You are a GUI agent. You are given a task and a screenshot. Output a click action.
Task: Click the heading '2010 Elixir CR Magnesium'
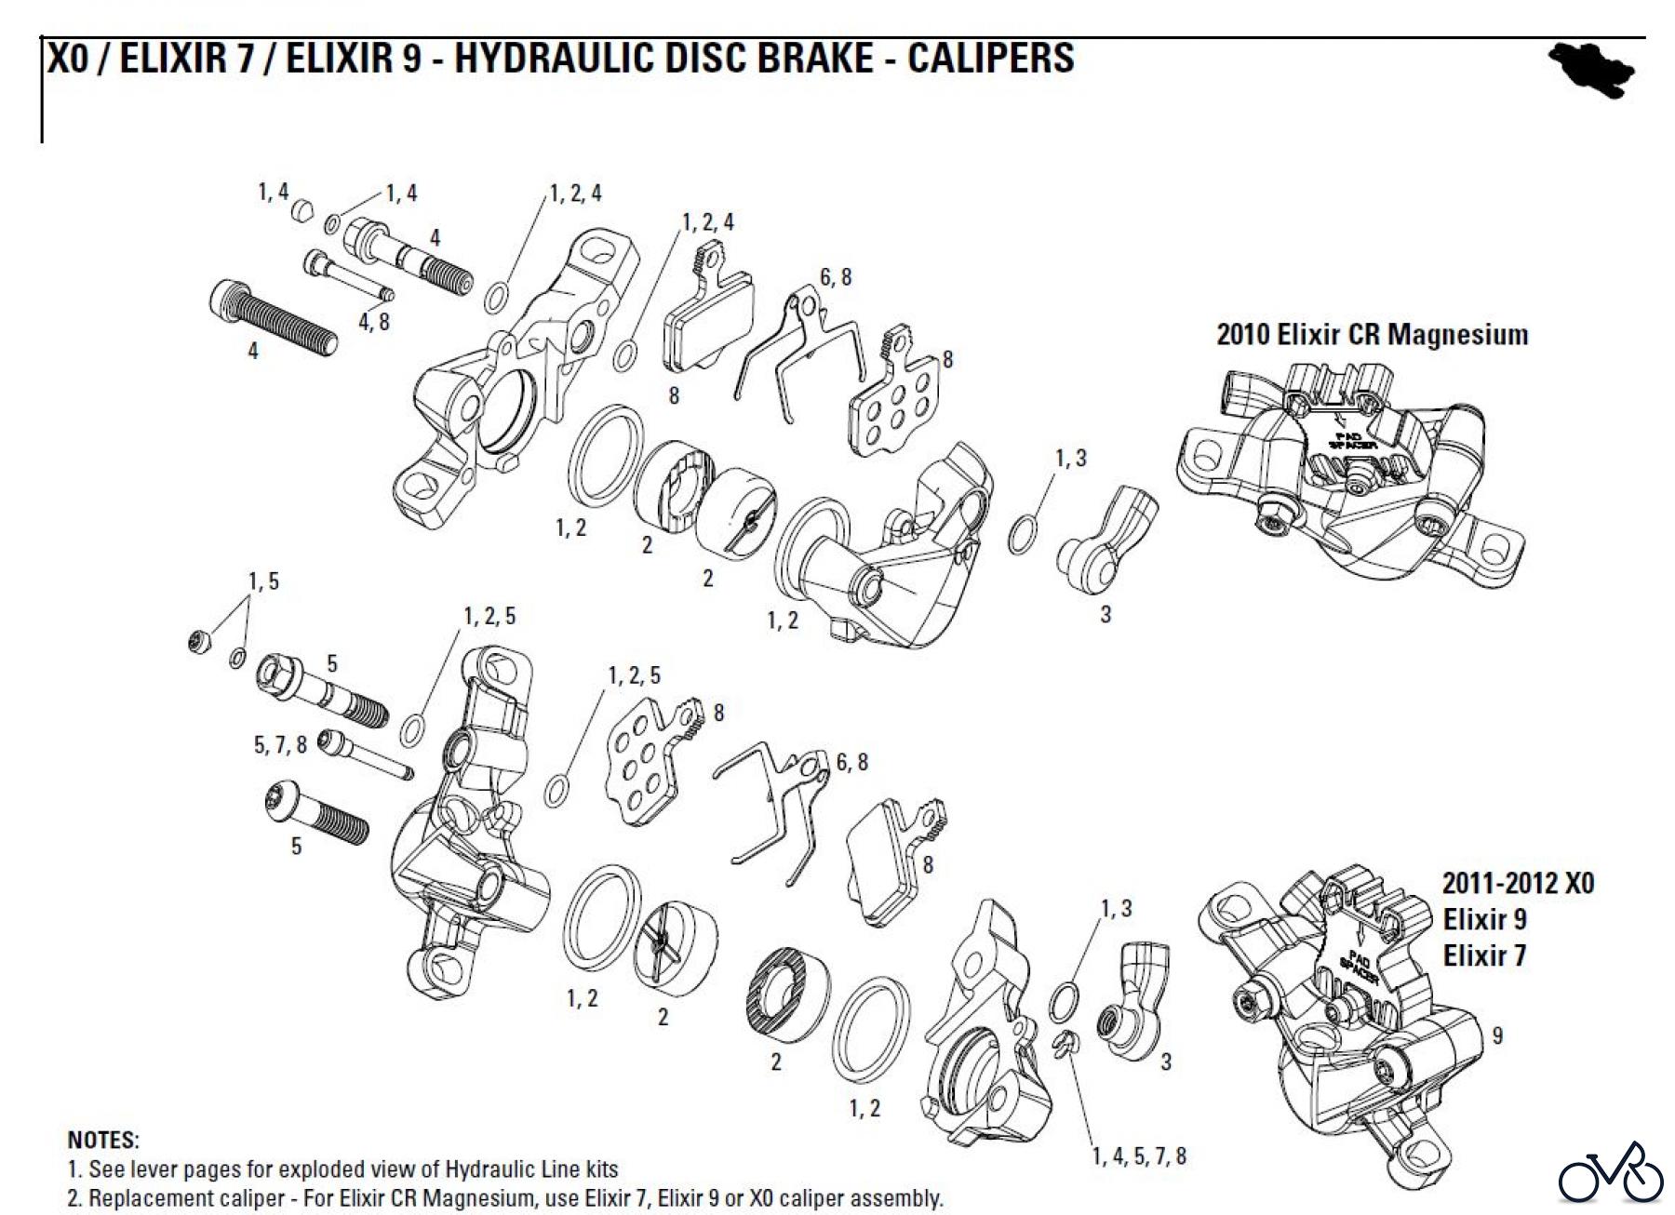(x=1372, y=335)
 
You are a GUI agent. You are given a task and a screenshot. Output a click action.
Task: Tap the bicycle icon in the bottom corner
(x=1610, y=1177)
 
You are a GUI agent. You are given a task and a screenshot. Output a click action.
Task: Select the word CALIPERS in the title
(x=991, y=58)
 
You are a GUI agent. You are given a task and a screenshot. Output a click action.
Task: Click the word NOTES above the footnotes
(x=103, y=1140)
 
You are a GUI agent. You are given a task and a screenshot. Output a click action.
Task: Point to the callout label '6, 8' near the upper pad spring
(x=835, y=277)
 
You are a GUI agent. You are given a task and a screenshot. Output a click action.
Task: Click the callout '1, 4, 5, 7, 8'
(x=1139, y=1156)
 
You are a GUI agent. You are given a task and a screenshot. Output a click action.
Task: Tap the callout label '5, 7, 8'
(x=280, y=744)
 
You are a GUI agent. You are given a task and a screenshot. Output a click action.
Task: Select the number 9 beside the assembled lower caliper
(x=1496, y=1035)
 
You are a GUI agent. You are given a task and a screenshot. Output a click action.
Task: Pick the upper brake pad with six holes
(x=894, y=402)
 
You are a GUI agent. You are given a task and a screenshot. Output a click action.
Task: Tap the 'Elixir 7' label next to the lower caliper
(x=1484, y=955)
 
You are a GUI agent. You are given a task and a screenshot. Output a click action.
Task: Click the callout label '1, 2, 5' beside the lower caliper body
(x=489, y=617)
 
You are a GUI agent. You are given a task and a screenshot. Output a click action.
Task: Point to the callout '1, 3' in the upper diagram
(x=1070, y=458)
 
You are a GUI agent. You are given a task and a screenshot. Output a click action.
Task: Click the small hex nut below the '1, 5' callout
(x=198, y=642)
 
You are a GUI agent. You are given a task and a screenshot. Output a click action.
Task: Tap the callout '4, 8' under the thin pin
(x=373, y=323)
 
